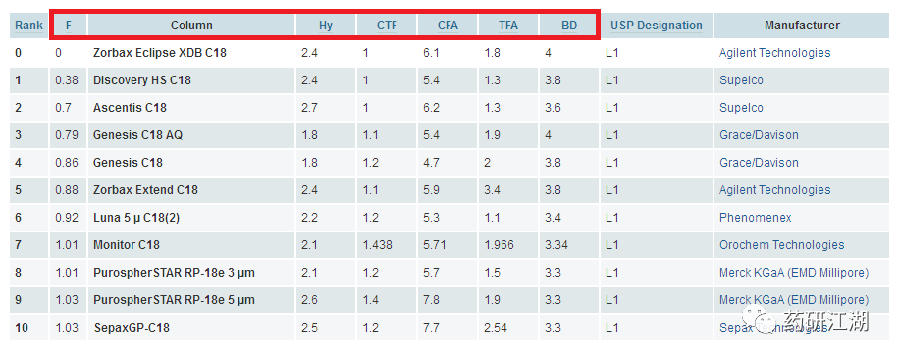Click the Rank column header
[x=28, y=26]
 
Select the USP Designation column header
[x=657, y=26]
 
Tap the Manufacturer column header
[x=802, y=26]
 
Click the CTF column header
[x=387, y=26]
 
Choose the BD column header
[x=569, y=26]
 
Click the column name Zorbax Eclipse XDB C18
[x=160, y=53]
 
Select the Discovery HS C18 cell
[x=142, y=80]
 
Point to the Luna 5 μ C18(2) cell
[x=136, y=218]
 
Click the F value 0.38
[x=67, y=80]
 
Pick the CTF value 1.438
[x=378, y=245]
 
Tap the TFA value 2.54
[x=496, y=328]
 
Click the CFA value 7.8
[x=431, y=300]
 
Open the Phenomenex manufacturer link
[x=756, y=218]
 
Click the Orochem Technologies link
[x=782, y=245]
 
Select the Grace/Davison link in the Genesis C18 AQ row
[x=759, y=135]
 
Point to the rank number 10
[x=22, y=328]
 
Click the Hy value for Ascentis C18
[x=309, y=108]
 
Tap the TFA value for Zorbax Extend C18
[x=492, y=190]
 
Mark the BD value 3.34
[x=556, y=245]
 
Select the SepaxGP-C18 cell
[x=132, y=328]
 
